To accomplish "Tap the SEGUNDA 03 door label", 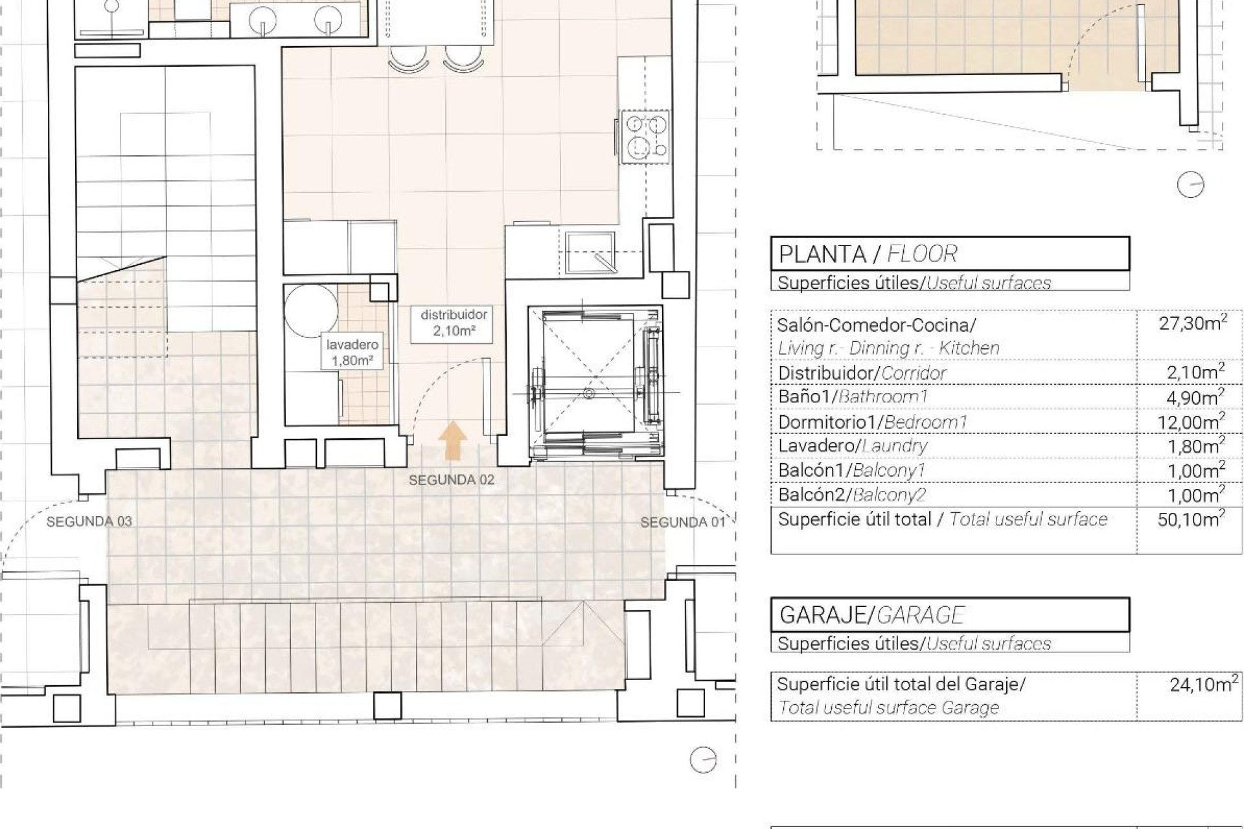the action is click(x=89, y=521).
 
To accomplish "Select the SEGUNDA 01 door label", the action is click(x=683, y=522).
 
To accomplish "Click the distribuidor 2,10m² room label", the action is click(x=454, y=324).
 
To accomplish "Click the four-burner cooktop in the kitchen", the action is click(x=645, y=135).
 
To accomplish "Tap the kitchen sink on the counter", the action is click(x=589, y=252).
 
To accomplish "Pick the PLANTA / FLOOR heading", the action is click(x=868, y=255).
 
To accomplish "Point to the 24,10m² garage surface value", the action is click(x=1204, y=684).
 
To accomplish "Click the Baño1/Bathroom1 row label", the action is click(x=853, y=397).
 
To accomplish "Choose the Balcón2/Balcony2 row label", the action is click(x=852, y=495).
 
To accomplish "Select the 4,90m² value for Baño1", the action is click(x=1196, y=397).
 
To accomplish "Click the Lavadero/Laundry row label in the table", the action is click(x=853, y=446).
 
